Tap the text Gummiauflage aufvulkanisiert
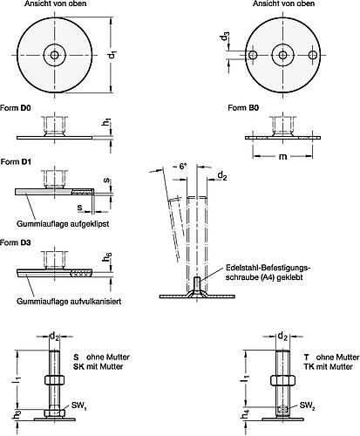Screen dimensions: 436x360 pos(66,301)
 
